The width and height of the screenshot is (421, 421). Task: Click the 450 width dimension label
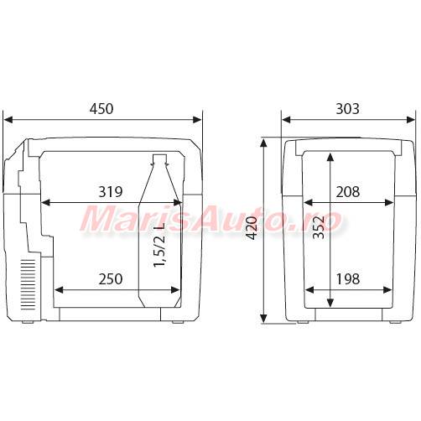101,109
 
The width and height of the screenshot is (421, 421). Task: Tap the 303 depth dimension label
347,109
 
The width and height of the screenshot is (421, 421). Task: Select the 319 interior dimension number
111,192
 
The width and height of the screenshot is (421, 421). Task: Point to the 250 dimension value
111,279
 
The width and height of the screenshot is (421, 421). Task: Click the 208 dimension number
348,192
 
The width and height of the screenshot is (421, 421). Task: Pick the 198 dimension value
348,279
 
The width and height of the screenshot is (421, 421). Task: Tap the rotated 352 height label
319,227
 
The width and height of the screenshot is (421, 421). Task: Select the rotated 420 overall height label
252,228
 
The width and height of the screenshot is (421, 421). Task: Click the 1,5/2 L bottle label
159,245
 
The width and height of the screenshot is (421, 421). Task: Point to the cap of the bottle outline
159,159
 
